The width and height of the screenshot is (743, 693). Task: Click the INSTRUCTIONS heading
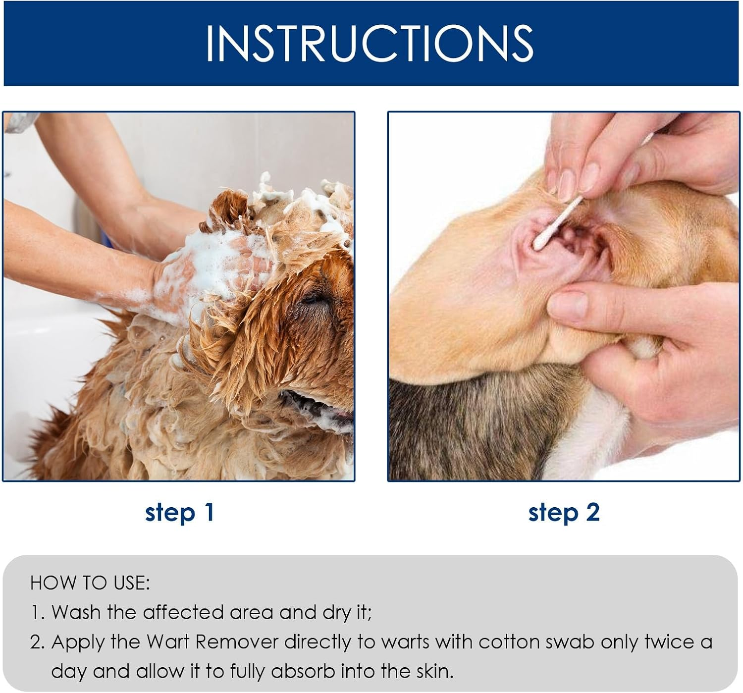(370, 43)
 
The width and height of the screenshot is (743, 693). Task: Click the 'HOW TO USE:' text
(90, 583)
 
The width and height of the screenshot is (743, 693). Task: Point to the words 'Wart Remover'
(212, 642)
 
